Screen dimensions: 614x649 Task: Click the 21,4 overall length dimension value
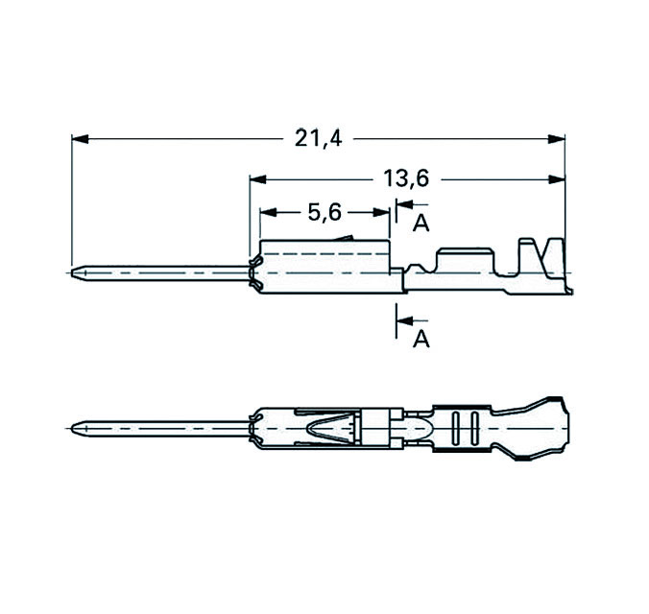pyautogui.click(x=318, y=140)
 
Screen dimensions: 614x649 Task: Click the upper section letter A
pyautogui.click(x=420, y=224)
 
